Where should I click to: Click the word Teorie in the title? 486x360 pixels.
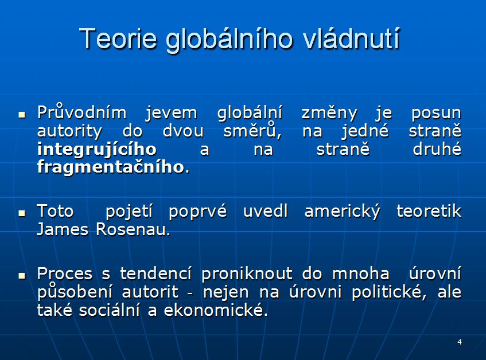click(x=118, y=38)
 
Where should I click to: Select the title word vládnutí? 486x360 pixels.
click(x=351, y=38)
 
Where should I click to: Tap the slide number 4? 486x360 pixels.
click(x=460, y=342)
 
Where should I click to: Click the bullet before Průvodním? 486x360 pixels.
click(x=22, y=115)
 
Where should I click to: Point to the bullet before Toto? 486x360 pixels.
click(x=22, y=213)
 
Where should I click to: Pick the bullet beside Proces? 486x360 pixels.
click(x=22, y=276)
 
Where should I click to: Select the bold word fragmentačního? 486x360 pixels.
click(x=111, y=167)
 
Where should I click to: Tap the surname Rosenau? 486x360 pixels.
click(x=133, y=230)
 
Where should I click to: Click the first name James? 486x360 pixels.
click(x=63, y=230)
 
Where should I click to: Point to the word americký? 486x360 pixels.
click(x=342, y=212)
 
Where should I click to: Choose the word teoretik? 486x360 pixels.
click(x=429, y=212)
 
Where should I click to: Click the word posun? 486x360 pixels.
click(x=436, y=114)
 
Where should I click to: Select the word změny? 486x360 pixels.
click(x=329, y=114)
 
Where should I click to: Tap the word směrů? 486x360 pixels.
click(x=252, y=131)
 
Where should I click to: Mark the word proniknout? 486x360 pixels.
click(x=247, y=274)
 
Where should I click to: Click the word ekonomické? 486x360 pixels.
click(x=216, y=311)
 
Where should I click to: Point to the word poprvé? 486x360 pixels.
click(x=198, y=212)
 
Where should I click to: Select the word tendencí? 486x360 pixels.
click(x=156, y=273)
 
